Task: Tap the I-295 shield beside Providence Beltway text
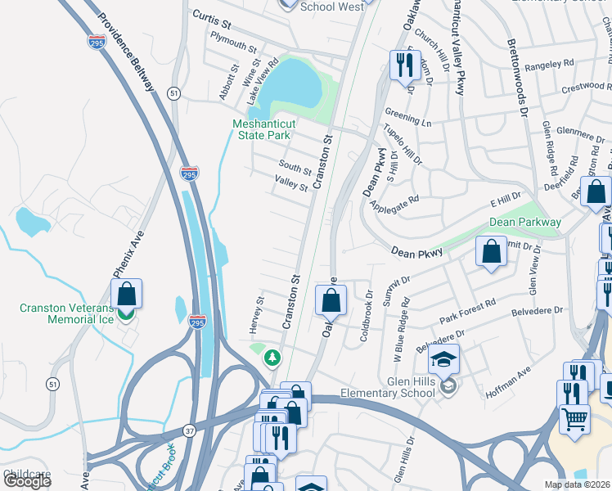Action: pos(97,43)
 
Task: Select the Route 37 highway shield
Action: pos(189,430)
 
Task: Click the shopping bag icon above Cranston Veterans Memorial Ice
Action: pos(127,294)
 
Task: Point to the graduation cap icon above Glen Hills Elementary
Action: pos(443,359)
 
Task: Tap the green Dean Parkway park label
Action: pos(525,222)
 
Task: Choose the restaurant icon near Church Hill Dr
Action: pos(404,65)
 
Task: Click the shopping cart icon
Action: pos(575,420)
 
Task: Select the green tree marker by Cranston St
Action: pos(271,358)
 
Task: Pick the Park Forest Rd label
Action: pos(467,311)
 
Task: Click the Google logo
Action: pos(27,481)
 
